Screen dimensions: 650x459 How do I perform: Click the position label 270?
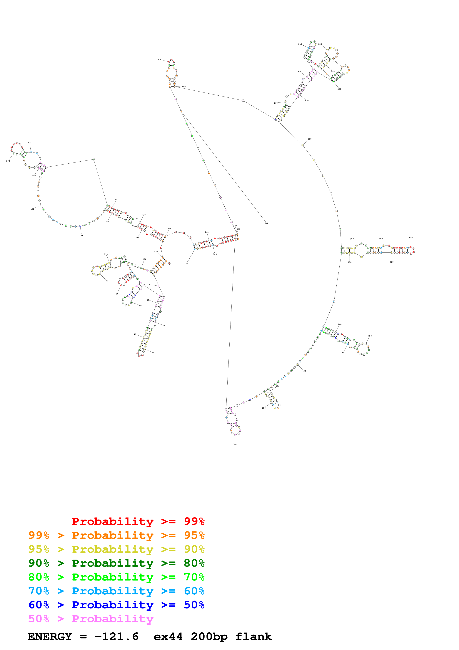pyautogui.click(x=159, y=59)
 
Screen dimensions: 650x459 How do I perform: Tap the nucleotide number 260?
pyautogui.click(x=266, y=223)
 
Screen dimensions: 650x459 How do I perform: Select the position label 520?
pyautogui.click(x=235, y=444)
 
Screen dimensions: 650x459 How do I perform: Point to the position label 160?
pyautogui.click(x=81, y=236)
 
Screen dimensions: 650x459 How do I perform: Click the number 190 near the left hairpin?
pyautogui.click(x=8, y=161)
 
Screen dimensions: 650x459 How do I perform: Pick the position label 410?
pyautogui.click(x=411, y=238)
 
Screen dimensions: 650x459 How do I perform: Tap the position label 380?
pyautogui.click(x=310, y=139)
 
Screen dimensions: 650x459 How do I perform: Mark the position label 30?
pyautogui.click(x=153, y=353)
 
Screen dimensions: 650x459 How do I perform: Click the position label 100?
pyautogui.click(x=106, y=281)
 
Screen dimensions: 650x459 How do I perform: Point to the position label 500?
pyautogui.click(x=264, y=408)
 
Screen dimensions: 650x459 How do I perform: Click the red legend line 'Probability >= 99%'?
pyautogui.click(x=138, y=521)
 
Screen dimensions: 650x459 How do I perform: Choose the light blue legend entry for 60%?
pyautogui.click(x=116, y=591)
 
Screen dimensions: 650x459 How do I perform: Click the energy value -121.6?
pyautogui.click(x=116, y=636)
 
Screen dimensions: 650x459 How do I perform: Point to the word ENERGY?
pyautogui.click(x=50, y=636)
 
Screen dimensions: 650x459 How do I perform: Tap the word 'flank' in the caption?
pyautogui.click(x=253, y=636)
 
